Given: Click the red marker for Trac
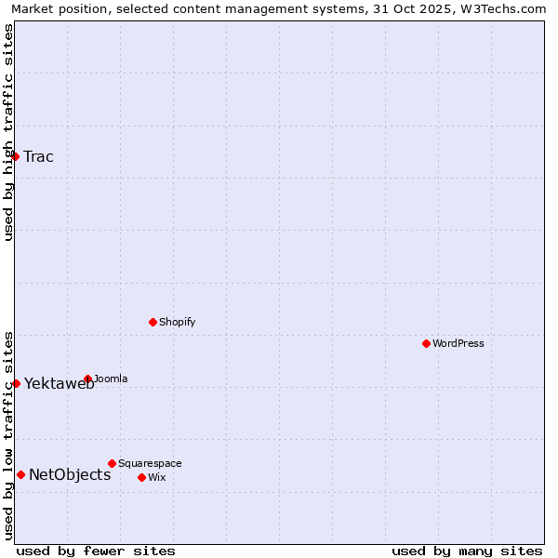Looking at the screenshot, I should coord(16,156).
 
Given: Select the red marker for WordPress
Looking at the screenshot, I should coord(427,343).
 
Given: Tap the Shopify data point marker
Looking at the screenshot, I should coord(153,322).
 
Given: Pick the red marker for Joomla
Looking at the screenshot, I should coord(88,379).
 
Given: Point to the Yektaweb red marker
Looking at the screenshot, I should coord(16,383).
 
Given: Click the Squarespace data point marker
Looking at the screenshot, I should coord(113,463).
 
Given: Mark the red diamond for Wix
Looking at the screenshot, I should coord(142,477).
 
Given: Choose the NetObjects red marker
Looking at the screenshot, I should coord(20,474).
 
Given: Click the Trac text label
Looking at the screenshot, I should coord(39,156).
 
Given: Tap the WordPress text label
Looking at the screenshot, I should coord(458,343).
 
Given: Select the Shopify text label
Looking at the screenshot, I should coord(178,322).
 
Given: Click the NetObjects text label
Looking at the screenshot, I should coord(70,474).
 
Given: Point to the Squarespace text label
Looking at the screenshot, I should coord(150,463).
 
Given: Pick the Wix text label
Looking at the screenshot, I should coord(157,477).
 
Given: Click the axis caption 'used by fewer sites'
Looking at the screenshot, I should coord(96,551).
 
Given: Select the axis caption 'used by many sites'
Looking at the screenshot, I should coord(467,551).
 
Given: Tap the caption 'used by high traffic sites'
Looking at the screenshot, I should coord(8,132).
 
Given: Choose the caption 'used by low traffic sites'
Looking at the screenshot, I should coord(8,435).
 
